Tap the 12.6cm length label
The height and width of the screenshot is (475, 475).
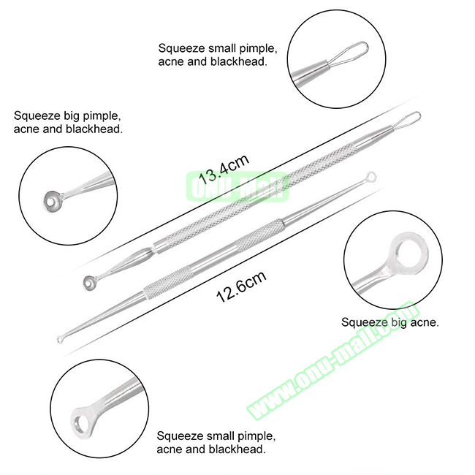click(x=241, y=286)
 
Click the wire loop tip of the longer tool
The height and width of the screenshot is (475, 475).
click(x=408, y=119)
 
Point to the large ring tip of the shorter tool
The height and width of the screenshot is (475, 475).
click(x=371, y=176)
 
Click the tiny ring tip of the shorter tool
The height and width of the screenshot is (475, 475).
click(x=61, y=340)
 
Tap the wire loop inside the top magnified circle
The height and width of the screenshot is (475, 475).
click(x=348, y=55)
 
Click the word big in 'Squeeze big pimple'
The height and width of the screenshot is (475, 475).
click(x=72, y=116)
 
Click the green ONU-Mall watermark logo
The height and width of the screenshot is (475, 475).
click(x=237, y=186)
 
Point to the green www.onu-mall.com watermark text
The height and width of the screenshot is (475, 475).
click(x=333, y=360)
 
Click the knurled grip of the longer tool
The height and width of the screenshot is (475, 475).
click(x=255, y=194)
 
